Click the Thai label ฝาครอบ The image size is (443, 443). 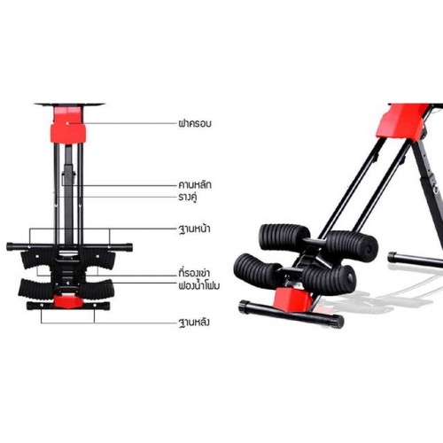click(195, 123)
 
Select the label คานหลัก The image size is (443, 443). click(195, 185)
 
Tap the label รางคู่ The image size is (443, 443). click(188, 197)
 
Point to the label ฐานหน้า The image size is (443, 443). click(194, 229)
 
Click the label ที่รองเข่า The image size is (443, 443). click(194, 273)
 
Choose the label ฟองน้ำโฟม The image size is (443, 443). click(199, 285)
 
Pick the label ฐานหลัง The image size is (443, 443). click(194, 322)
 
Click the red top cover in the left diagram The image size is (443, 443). click(68, 126)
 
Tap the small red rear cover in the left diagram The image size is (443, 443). click(68, 301)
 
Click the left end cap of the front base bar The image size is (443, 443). click(10, 246)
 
